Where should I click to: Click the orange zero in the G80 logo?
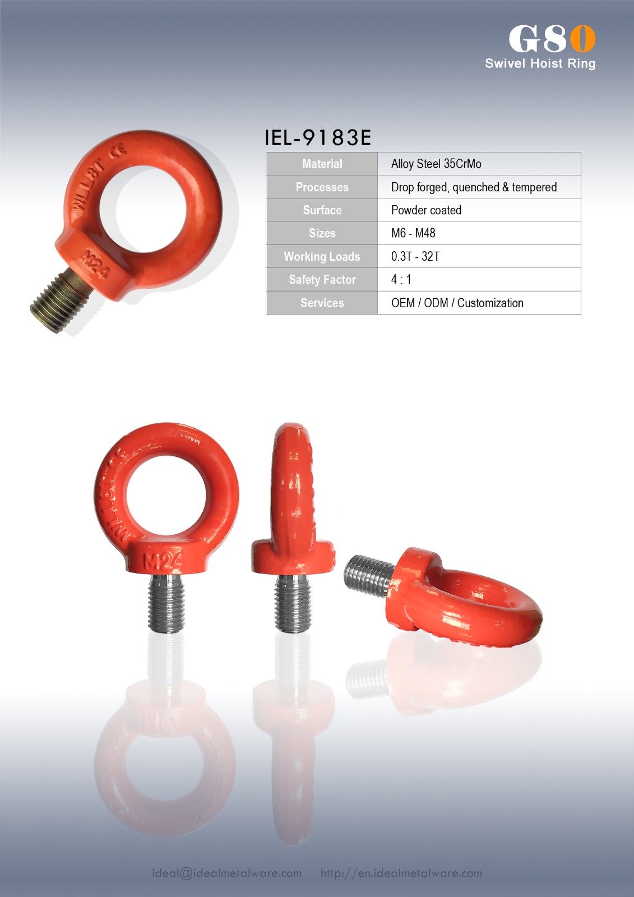[x=583, y=39]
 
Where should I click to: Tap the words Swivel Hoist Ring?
[x=540, y=64]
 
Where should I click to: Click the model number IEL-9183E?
[x=318, y=137]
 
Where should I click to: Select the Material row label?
[x=322, y=164]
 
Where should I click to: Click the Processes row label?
[x=322, y=187]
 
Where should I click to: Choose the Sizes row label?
[x=322, y=233]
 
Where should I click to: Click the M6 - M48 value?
[x=413, y=233]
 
